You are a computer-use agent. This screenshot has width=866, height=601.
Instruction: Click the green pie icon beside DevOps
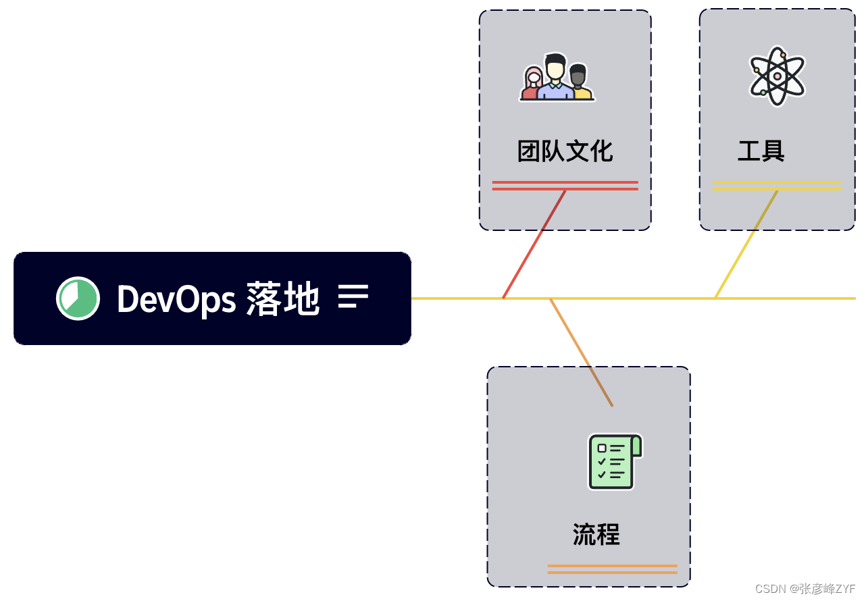click(78, 298)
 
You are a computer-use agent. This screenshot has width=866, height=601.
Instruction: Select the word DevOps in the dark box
click(176, 298)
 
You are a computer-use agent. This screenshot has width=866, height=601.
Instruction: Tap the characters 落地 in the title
click(282, 298)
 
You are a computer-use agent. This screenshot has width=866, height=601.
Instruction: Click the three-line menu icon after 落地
click(353, 296)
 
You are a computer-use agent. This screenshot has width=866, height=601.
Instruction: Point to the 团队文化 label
click(565, 151)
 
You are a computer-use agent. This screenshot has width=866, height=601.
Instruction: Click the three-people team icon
click(557, 78)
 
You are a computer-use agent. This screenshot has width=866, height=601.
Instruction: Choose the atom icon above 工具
click(777, 76)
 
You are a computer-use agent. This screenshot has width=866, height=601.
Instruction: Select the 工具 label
click(761, 151)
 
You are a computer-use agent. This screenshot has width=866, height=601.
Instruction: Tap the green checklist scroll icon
click(614, 461)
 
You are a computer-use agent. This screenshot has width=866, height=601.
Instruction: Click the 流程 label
click(596, 534)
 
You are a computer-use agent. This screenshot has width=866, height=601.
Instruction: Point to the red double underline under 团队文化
click(565, 186)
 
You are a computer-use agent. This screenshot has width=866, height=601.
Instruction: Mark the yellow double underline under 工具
click(777, 185)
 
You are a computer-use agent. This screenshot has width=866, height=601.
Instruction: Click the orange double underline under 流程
click(612, 569)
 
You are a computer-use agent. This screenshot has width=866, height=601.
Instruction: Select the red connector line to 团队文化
click(534, 245)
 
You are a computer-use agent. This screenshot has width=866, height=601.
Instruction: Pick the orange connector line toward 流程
click(581, 351)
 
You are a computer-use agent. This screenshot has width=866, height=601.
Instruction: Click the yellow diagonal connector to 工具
click(746, 244)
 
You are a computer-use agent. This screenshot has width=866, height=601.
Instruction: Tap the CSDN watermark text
click(805, 588)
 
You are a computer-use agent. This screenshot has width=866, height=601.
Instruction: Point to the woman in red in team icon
click(532, 84)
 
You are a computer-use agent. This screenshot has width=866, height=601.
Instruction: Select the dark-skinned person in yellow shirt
click(579, 84)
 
